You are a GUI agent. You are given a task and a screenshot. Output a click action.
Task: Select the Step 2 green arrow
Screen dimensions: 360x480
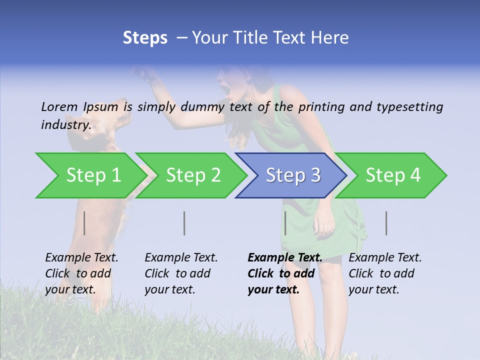click(x=192, y=175)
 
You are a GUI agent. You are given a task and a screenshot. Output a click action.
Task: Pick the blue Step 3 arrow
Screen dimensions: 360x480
click(x=292, y=175)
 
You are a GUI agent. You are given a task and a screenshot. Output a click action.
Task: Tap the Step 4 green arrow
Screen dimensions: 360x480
click(x=392, y=175)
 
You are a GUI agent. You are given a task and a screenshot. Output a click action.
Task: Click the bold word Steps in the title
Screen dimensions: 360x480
click(x=145, y=38)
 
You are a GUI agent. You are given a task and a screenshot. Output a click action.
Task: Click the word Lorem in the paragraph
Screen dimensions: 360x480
click(x=59, y=106)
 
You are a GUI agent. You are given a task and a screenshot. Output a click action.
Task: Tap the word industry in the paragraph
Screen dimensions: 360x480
click(x=65, y=125)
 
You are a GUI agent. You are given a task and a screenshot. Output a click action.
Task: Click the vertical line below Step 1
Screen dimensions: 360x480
click(x=84, y=223)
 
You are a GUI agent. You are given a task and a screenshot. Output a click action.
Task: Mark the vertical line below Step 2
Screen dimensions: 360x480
click(x=184, y=223)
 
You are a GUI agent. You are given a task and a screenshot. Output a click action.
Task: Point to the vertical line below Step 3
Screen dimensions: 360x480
click(x=285, y=223)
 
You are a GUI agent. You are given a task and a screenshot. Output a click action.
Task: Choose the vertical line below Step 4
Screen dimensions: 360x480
click(x=386, y=223)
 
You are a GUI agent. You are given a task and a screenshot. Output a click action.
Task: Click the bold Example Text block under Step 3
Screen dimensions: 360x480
click(x=284, y=273)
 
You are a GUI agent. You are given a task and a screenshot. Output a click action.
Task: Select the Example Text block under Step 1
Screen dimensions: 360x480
click(x=81, y=273)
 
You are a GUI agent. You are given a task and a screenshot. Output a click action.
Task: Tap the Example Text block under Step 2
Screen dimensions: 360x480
click(x=181, y=273)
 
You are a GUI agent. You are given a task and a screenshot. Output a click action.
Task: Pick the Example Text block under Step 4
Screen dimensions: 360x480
click(x=385, y=273)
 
